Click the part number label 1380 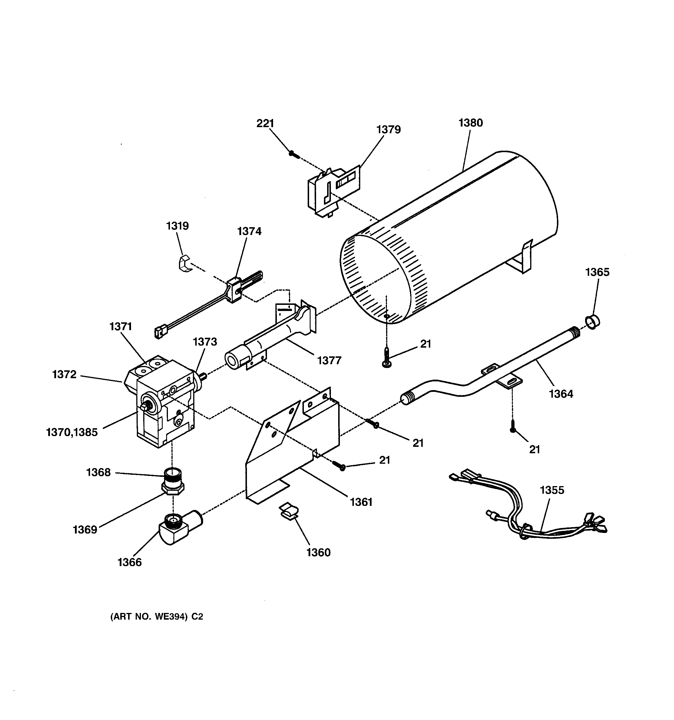(470, 123)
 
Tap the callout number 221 (265, 124)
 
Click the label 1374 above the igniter (249, 231)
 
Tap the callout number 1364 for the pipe (561, 394)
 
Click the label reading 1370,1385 (72, 432)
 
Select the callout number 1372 (64, 374)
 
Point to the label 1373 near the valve (205, 342)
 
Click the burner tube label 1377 (329, 360)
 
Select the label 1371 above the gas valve (121, 327)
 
